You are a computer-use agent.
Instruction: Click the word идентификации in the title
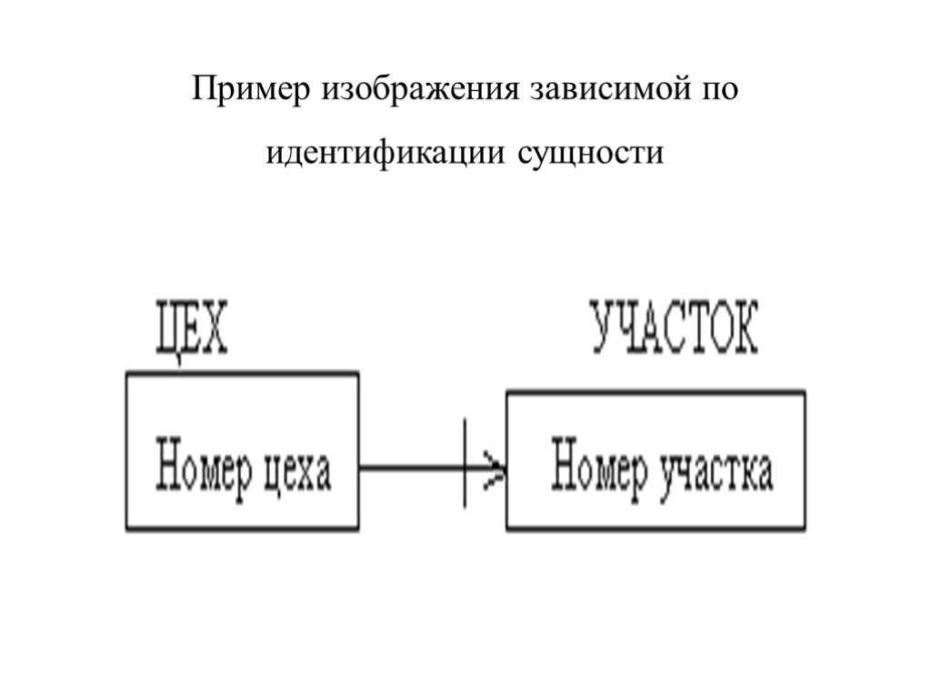click(x=386, y=153)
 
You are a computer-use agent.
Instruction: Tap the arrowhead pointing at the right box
click(x=495, y=470)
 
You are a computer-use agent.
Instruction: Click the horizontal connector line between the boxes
click(x=409, y=469)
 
